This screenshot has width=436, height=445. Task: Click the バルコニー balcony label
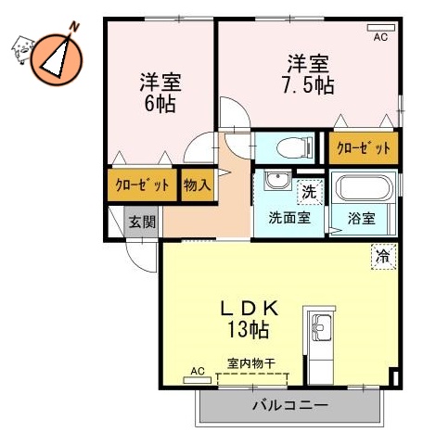289,405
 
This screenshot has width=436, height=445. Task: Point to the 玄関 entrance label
142,222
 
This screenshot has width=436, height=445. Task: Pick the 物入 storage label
197,184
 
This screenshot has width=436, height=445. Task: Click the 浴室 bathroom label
362,219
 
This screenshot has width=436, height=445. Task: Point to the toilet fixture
290,146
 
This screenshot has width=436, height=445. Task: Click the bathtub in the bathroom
364,190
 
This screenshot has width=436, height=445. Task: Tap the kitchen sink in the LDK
320,329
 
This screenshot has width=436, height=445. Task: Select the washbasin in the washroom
274,180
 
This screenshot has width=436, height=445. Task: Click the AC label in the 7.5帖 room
379,38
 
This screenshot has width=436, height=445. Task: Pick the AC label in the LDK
197,371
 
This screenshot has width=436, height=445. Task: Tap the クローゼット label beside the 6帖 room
142,184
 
